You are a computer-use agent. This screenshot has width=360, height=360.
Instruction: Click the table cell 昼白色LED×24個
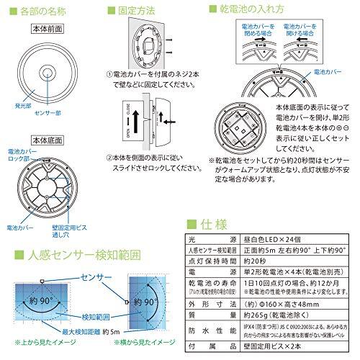tap(271, 239)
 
